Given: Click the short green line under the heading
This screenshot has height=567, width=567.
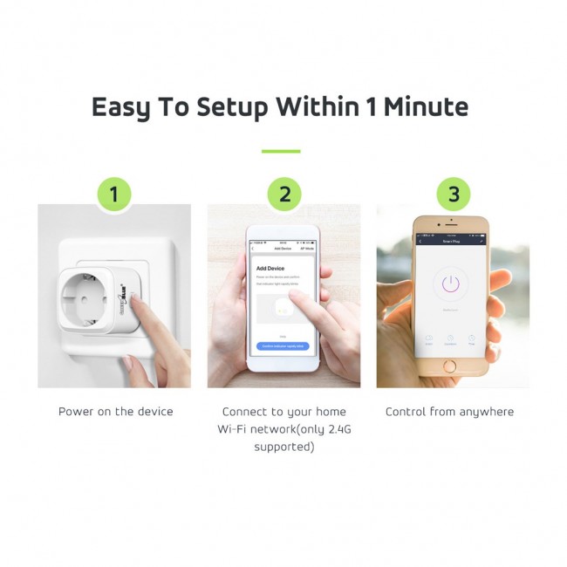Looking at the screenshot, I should pos(281,152).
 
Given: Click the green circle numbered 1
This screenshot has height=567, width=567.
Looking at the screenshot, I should pos(114,195).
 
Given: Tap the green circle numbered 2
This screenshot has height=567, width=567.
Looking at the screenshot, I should pos(284,195).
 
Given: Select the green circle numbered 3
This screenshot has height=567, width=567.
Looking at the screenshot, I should pos(453,195).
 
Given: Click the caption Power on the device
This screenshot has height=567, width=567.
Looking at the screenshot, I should pos(116,412).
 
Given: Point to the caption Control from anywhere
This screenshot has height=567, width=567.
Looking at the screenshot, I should pos(450,412).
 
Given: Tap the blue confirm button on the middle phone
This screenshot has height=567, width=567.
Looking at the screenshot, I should pos(283,346).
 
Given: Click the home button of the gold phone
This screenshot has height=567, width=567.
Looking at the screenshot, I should pos(450,367).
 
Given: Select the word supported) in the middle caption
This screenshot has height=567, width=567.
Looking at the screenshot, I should pos(283,447).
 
